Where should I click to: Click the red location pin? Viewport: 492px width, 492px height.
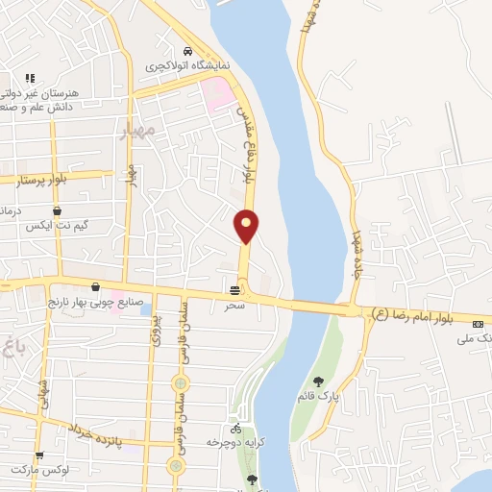click(247, 227)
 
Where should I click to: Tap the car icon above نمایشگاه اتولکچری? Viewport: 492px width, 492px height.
click(187, 51)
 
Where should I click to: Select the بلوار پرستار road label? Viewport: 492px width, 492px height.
click(34, 178)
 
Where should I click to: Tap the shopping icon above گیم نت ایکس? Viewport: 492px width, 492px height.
click(57, 210)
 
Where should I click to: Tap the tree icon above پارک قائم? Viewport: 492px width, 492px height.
click(319, 381)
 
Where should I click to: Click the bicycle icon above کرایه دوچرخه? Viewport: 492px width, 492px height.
click(235, 428)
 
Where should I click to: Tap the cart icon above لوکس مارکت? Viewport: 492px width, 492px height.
click(39, 456)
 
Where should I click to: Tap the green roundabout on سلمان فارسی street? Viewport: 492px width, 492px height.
click(176, 466)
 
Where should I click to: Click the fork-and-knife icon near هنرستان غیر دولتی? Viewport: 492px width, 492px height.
click(30, 78)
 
